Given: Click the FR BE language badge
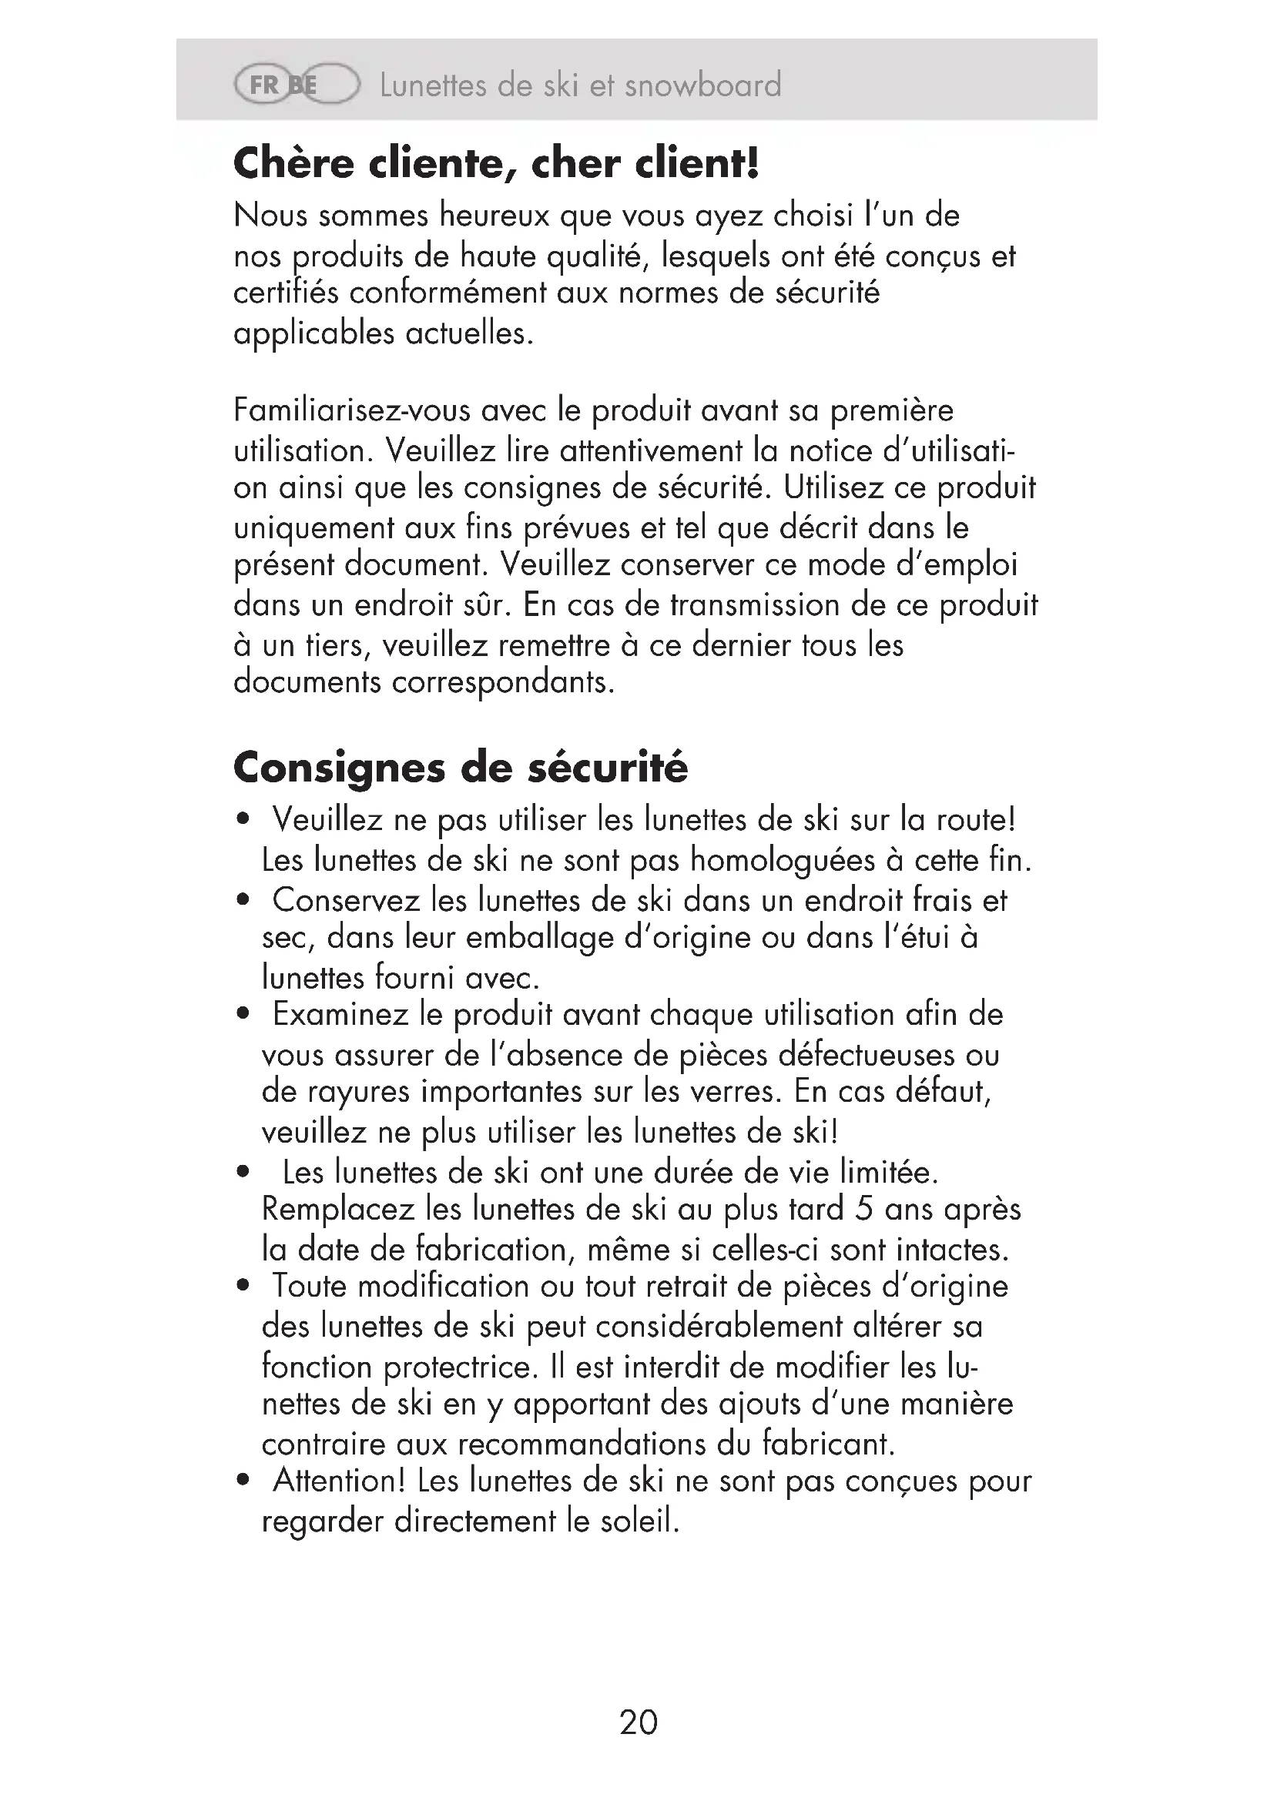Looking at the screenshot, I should pyautogui.click(x=296, y=84).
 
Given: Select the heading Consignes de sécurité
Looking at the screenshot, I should pyautogui.click(x=461, y=766).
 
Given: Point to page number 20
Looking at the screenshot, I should pyautogui.click(x=638, y=1722).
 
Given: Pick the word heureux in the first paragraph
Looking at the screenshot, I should pyautogui.click(x=495, y=216).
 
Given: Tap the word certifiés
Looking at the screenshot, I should pyautogui.click(x=286, y=293).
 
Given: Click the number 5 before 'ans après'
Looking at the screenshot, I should pyautogui.click(x=863, y=1209).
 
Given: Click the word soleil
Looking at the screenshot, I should pyautogui.click(x=639, y=1521).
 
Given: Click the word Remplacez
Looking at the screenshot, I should pyautogui.click(x=338, y=1209).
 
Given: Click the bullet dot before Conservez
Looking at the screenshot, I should pyautogui.click(x=243, y=899).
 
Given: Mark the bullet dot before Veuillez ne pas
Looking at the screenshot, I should pyautogui.click(x=243, y=820).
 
